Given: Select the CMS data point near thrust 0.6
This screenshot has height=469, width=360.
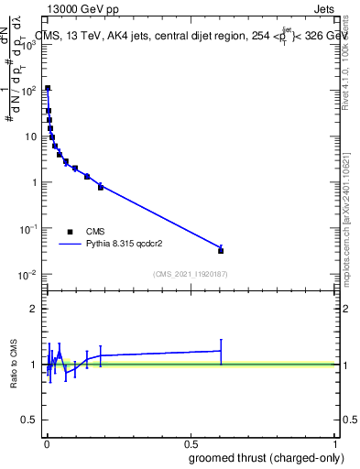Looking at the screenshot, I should point(221,250).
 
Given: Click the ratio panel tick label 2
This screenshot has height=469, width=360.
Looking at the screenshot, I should point(35,309).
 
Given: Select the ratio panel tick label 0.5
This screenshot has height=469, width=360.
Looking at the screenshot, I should point(31,421).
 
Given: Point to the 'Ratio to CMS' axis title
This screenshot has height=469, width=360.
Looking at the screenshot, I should point(12,364).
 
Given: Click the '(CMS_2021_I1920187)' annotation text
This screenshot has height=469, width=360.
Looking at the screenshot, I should point(190,274).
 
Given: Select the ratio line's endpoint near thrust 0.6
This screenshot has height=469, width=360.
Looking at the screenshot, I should point(221,350).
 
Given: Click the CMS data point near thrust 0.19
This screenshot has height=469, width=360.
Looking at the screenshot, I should point(101,186).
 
